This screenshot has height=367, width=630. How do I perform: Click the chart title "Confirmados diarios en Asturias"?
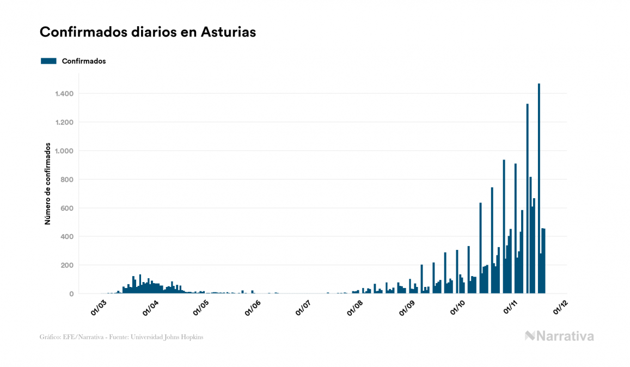coord(148,32)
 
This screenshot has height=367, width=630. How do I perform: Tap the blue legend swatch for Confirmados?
coord(48,61)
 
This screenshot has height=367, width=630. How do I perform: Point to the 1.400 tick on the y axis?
coord(64,94)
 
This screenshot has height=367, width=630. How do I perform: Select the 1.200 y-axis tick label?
coord(64,122)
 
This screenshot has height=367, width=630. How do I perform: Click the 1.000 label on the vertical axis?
coord(64,151)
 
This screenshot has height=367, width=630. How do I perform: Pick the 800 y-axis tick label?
coord(66,180)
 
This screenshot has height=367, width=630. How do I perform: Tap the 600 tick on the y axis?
coord(66,208)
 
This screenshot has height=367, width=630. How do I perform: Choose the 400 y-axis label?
coord(66,237)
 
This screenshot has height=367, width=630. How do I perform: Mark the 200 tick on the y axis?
coord(66,265)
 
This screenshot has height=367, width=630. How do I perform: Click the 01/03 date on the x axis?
coord(99,308)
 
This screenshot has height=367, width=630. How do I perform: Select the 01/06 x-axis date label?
coord(252,308)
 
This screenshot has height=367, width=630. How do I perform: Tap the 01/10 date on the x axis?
coord(457,308)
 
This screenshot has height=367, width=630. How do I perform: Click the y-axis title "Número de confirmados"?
coord(48,184)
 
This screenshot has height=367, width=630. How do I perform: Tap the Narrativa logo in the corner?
coord(559,336)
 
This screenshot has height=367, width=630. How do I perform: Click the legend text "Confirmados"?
coord(84,61)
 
